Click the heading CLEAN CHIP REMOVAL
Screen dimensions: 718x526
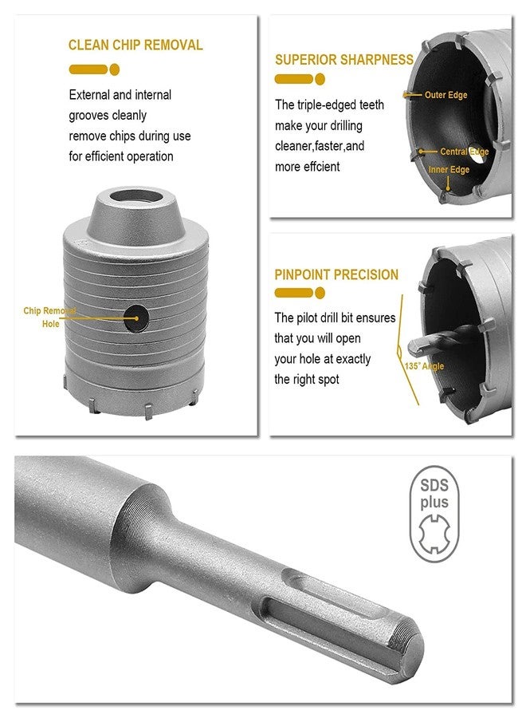(135, 45)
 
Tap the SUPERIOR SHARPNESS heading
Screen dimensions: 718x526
(343, 59)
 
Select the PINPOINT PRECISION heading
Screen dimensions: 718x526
(336, 274)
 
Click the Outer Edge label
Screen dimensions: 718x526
(446, 95)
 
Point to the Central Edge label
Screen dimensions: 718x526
(464, 152)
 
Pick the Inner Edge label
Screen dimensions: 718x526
(449, 169)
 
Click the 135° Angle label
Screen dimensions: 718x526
(424, 366)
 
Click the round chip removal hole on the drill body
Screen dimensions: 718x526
(137, 317)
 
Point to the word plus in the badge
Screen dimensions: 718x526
(434, 503)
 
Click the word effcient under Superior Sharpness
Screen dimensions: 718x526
(320, 167)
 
